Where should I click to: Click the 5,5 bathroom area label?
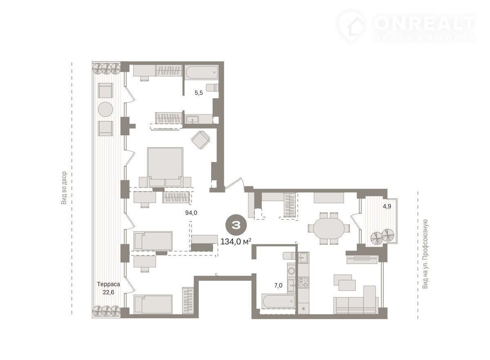[198, 93]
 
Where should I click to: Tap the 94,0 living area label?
[191, 212]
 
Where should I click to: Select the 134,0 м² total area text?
[236, 241]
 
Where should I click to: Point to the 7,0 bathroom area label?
[278, 285]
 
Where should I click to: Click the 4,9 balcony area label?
[387, 206]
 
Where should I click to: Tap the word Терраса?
[109, 284]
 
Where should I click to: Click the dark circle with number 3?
[236, 225]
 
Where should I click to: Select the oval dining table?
[329, 228]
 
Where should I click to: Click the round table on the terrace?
[105, 109]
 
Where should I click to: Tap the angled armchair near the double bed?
[200, 139]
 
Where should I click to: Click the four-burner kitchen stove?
[303, 282]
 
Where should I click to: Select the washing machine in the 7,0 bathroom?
[292, 271]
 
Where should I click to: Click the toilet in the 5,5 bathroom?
[212, 87]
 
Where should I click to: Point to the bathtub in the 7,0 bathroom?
[278, 301]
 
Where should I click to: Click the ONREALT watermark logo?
[406, 26]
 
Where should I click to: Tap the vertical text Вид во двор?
[64, 188]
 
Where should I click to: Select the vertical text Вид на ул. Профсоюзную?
[425, 254]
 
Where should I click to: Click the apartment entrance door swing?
[235, 183]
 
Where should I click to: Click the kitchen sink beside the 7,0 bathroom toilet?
[303, 257]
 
